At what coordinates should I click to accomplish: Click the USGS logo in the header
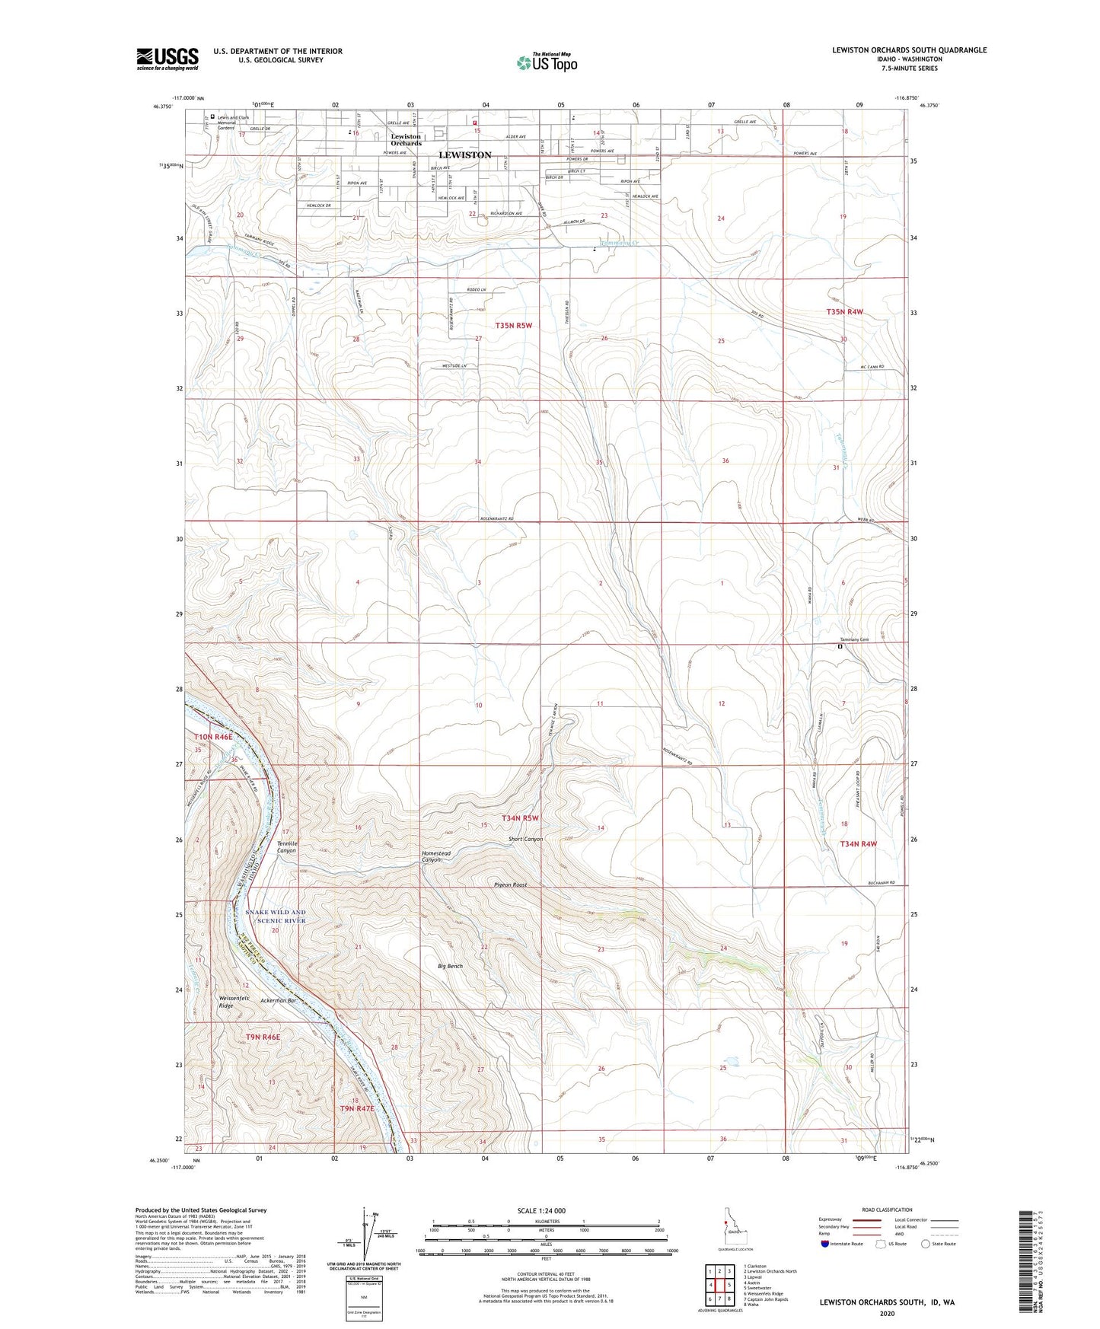click(x=167, y=59)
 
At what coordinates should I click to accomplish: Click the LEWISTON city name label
click(x=465, y=155)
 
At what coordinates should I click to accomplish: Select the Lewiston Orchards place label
click(x=406, y=140)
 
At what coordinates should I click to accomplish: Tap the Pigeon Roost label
click(x=510, y=884)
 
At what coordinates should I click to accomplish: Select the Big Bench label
click(x=450, y=966)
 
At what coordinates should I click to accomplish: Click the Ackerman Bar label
click(x=278, y=1000)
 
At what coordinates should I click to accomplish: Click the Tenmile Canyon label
click(x=286, y=846)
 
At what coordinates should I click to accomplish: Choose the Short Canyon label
click(x=525, y=839)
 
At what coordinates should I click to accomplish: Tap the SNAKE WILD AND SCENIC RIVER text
click(x=276, y=916)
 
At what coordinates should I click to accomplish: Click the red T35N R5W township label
click(x=513, y=325)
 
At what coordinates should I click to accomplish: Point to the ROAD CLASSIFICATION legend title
click(x=887, y=1209)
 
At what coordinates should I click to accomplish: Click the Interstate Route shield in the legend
click(x=827, y=1244)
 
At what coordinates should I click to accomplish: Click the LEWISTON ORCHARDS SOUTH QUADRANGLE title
click(x=909, y=50)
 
